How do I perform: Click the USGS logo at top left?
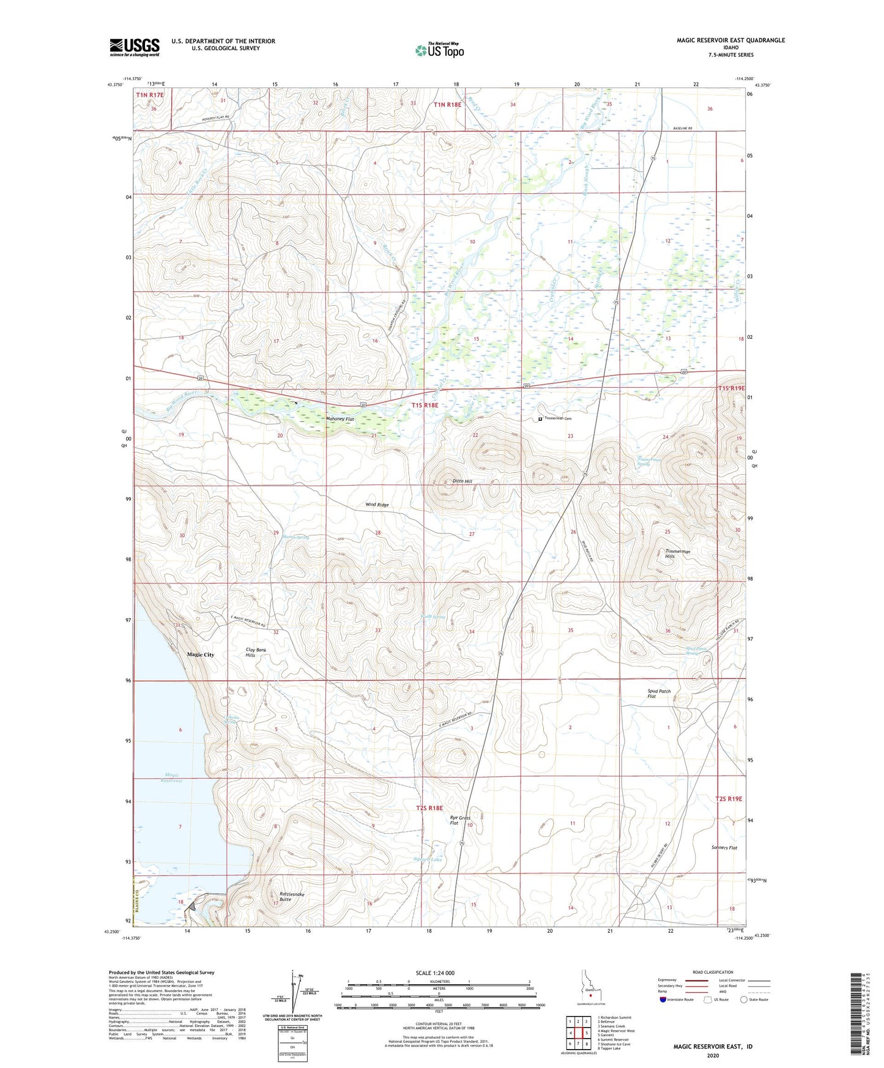pos(135,46)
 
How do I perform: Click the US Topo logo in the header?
pos(439,50)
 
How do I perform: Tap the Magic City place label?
pos(201,655)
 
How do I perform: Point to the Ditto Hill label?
pos(462,481)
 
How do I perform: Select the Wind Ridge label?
pos(377,505)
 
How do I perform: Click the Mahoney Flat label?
pos(340,419)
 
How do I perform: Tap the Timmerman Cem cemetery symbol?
pos(540,419)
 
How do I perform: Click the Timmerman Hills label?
pos(678,554)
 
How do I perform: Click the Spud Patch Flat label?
pos(659,694)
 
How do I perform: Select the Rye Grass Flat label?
pos(460,820)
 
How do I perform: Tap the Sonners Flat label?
pos(724,848)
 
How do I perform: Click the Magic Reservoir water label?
pos(171,778)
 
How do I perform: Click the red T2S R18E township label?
pos(429,808)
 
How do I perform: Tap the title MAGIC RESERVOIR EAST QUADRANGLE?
pos(730,40)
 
